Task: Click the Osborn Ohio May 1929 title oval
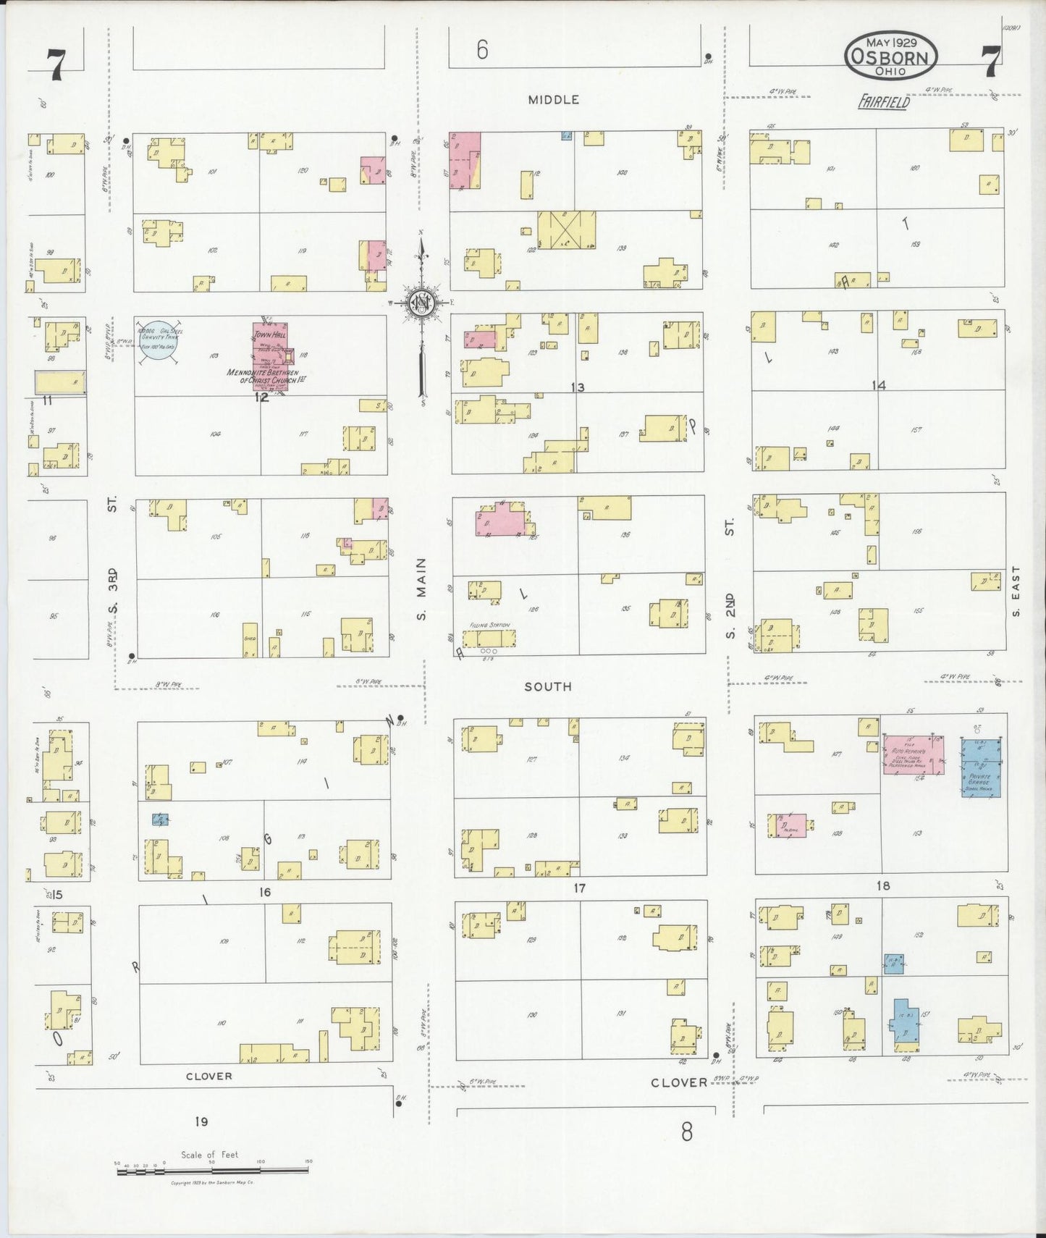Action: click(x=890, y=56)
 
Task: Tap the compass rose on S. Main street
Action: click(x=421, y=303)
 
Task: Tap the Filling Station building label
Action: click(x=489, y=625)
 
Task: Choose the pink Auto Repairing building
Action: click(x=914, y=755)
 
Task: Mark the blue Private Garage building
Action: click(x=981, y=767)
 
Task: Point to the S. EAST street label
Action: click(x=1016, y=591)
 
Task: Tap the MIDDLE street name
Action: click(x=553, y=100)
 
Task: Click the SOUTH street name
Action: click(x=548, y=686)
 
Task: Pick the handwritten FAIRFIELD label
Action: click(x=883, y=103)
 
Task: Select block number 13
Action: click(x=577, y=387)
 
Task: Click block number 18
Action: click(x=882, y=885)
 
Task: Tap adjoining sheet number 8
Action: click(x=686, y=1131)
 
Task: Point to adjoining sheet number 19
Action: click(x=201, y=1121)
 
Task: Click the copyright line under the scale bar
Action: click(x=211, y=1183)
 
